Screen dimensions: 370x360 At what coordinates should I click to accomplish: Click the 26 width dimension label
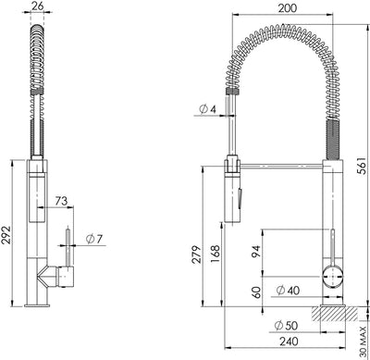click(38, 6)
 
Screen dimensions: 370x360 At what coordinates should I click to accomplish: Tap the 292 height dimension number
click(6, 235)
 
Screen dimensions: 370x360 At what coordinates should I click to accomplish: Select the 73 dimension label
click(61, 201)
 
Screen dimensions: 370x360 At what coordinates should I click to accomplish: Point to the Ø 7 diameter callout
click(94, 239)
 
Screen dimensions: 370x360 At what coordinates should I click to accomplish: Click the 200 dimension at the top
click(288, 8)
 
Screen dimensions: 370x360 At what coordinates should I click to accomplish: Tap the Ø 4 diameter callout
click(208, 109)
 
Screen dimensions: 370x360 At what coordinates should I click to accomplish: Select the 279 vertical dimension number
click(196, 254)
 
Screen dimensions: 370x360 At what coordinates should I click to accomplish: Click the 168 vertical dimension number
click(215, 254)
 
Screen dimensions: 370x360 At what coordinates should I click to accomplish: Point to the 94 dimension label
click(256, 251)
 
